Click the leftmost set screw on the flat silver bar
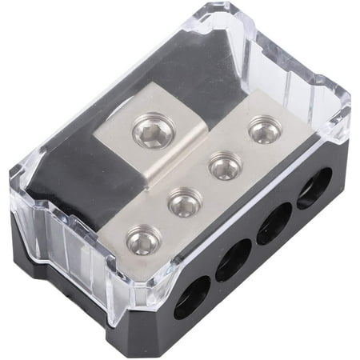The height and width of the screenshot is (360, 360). (x=142, y=239)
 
